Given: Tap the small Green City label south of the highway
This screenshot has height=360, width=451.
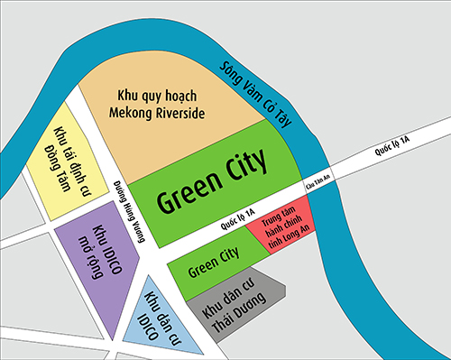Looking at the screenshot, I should click(x=213, y=268).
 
